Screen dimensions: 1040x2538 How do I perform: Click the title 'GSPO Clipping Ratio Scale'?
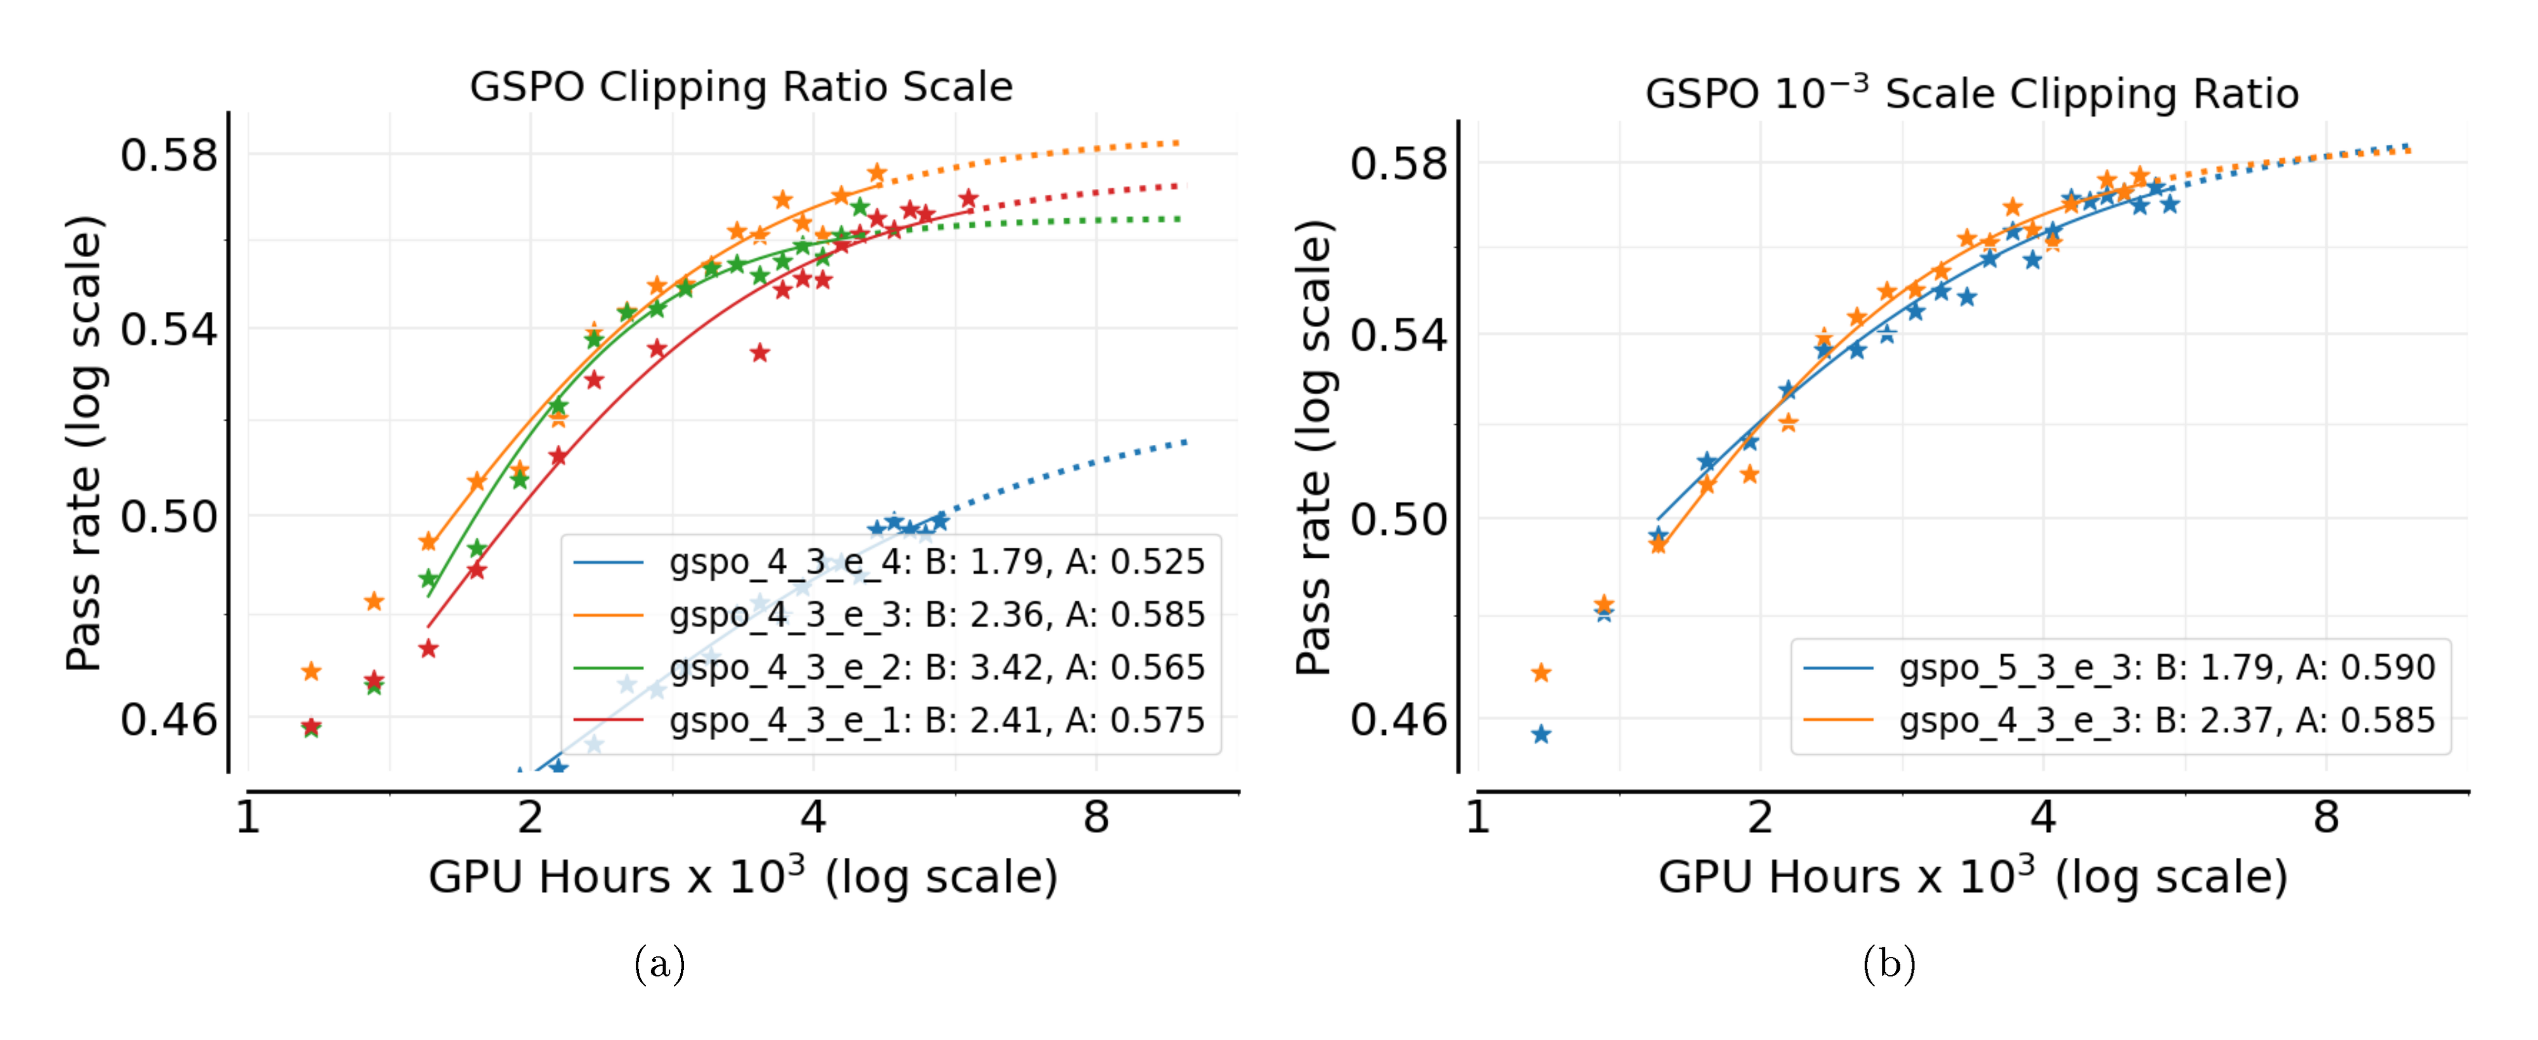click(741, 87)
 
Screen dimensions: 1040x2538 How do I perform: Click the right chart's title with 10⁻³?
click(1971, 93)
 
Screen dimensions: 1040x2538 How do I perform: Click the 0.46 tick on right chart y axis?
click(1398, 720)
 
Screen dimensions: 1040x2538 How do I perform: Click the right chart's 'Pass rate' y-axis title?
click(1313, 448)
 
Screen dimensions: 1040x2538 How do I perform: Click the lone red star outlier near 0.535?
click(759, 353)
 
